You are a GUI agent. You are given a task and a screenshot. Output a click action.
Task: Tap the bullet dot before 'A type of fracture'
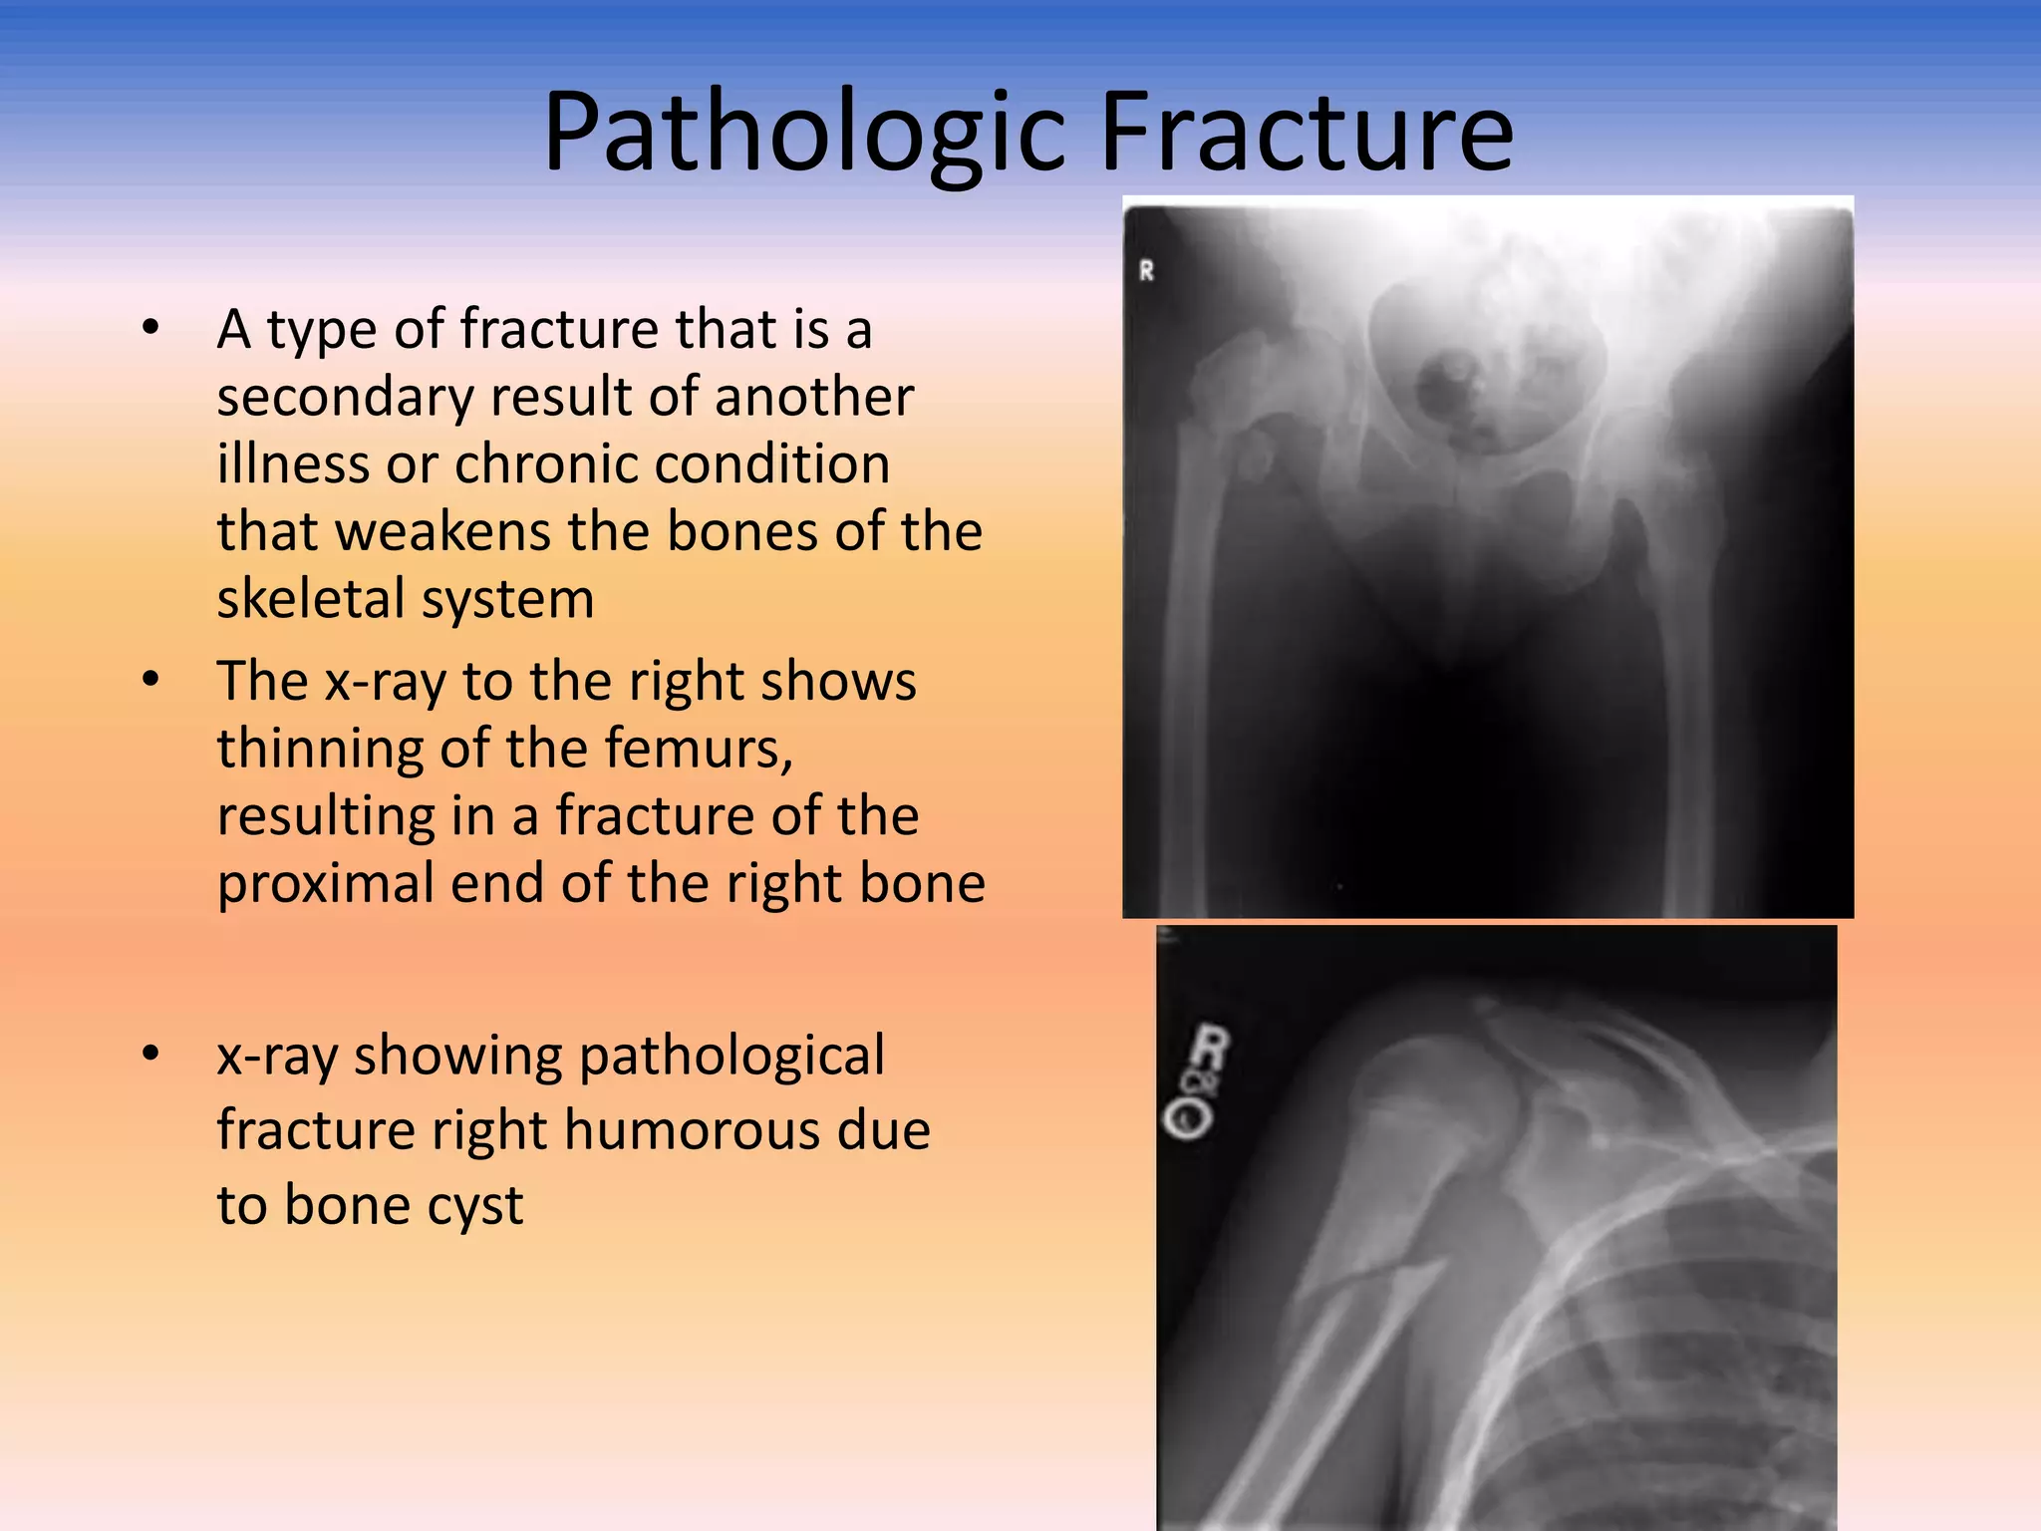click(150, 327)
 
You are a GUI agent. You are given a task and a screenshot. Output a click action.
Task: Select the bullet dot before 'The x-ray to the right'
click(150, 680)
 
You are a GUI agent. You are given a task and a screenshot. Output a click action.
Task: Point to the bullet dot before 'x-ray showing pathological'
click(150, 1054)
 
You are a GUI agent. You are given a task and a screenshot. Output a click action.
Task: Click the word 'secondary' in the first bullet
click(345, 397)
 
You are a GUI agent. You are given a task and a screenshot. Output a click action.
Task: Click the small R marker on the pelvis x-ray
click(1146, 270)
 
